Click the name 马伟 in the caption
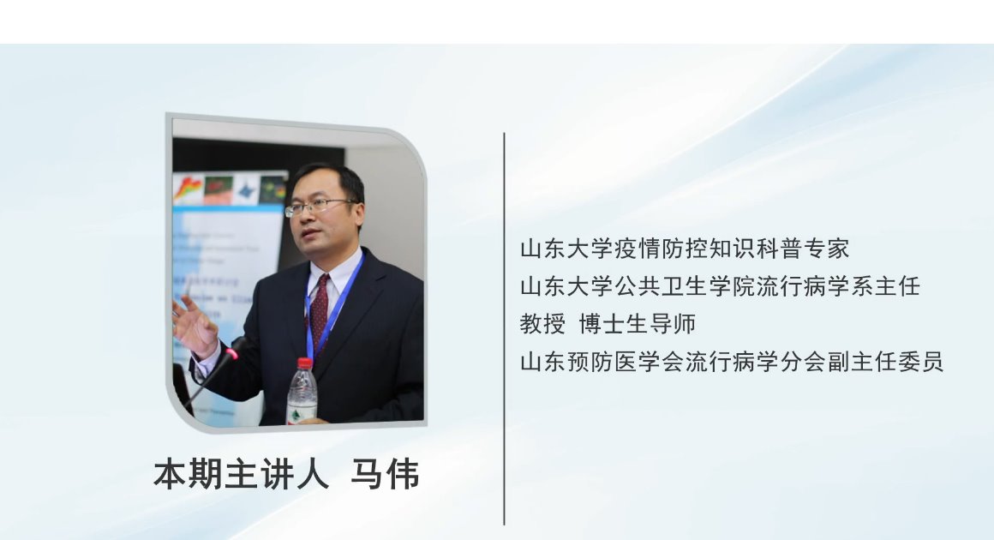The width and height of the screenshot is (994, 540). click(x=385, y=474)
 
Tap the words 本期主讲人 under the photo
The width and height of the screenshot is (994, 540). click(x=241, y=474)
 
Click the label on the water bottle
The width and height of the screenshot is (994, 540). click(x=302, y=412)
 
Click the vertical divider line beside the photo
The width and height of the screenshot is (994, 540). click(x=504, y=328)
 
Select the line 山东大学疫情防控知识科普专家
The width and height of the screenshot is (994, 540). click(x=685, y=249)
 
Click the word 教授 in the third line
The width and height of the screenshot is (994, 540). click(x=542, y=324)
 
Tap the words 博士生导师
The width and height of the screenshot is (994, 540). click(x=638, y=324)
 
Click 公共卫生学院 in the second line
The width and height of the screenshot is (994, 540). click(x=685, y=286)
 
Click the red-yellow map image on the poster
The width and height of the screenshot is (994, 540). click(x=189, y=189)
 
